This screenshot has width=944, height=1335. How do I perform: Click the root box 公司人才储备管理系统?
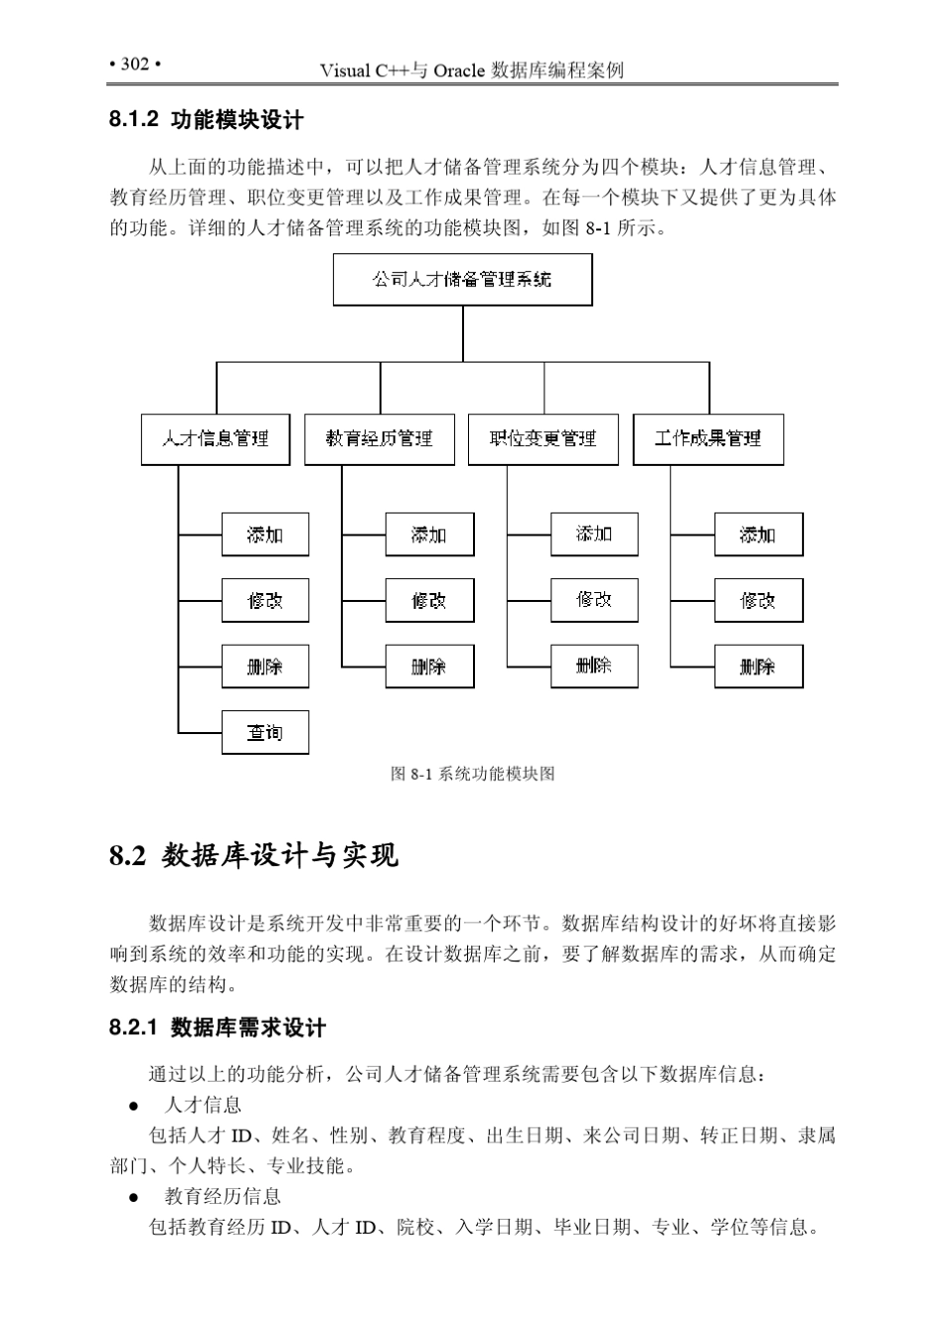coord(462,280)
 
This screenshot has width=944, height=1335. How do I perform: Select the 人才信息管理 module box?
coord(216,439)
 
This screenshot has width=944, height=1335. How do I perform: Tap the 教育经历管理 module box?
coord(380,439)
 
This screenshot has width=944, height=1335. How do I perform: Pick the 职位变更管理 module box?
coord(544,439)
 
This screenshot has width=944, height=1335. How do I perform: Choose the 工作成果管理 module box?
coord(708,439)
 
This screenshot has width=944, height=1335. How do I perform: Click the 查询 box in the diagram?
coord(264,733)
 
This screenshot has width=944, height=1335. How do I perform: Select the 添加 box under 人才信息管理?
coord(264,534)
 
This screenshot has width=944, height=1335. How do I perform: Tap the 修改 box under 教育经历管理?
coord(429,601)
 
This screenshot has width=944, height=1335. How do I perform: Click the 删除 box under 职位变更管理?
coord(594,666)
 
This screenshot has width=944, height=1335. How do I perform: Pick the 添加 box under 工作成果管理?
coord(758,534)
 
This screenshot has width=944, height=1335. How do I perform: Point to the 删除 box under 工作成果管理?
coord(758,667)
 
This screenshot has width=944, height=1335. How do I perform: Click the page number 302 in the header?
coord(134,65)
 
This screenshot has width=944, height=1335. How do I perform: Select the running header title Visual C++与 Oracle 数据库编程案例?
coord(472,71)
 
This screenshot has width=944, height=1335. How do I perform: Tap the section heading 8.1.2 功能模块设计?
coord(207,120)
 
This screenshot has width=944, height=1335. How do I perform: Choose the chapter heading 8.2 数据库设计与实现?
coord(253,855)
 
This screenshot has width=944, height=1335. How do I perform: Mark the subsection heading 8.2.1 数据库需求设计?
coord(218,1028)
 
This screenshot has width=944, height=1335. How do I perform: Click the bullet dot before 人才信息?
coord(132,1106)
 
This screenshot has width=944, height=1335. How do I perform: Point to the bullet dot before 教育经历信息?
coord(132,1197)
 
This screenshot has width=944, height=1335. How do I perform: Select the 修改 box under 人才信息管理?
coord(264,601)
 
